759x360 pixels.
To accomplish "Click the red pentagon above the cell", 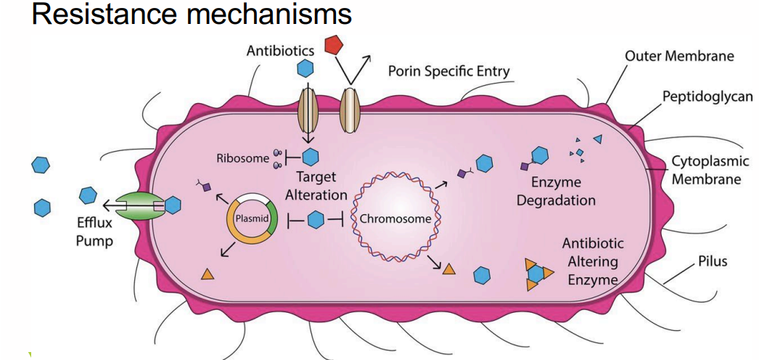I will coord(333,45).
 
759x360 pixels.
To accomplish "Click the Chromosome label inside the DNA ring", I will coord(395,218).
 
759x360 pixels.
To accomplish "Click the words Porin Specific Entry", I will coord(448,71).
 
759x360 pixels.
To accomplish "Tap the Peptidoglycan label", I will coord(707,97).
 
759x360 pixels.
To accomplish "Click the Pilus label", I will coord(712,261).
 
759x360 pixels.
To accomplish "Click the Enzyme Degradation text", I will coord(556,192).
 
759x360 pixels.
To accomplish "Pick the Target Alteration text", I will coord(316,186).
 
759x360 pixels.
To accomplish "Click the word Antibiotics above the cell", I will coord(280,51).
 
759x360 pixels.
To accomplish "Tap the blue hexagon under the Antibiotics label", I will coord(305,70).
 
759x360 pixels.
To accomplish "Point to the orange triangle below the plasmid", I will coord(207,274).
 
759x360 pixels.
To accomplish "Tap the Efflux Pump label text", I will coord(94,232).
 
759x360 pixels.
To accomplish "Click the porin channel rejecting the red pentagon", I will coord(350,110).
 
